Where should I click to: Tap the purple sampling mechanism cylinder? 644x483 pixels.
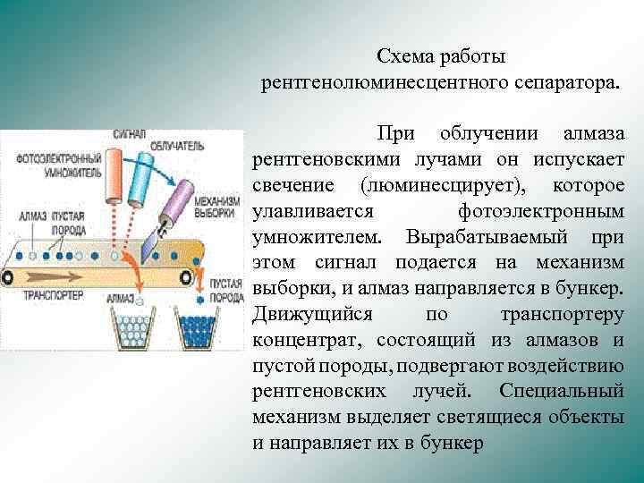pos(178,200)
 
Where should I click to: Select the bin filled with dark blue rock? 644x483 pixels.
pos(193,328)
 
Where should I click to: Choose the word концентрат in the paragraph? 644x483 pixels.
pos(305,341)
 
